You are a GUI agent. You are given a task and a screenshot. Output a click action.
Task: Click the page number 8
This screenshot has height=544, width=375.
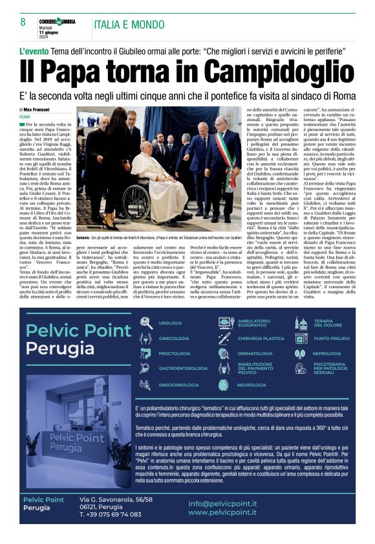pyautogui.click(x=23, y=22)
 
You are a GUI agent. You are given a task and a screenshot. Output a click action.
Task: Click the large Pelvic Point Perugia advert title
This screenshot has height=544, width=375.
pyautogui.click(x=78, y=340)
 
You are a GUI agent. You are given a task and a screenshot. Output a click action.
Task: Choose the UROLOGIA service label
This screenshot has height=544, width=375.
pyautogui.click(x=171, y=323)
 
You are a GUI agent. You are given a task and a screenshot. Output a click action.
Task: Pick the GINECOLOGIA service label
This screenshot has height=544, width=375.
pyautogui.click(x=174, y=339)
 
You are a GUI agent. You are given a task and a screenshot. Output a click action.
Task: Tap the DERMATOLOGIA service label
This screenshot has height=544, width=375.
pyautogui.click(x=255, y=354)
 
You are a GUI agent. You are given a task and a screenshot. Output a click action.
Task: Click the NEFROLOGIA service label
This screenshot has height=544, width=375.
pyautogui.click(x=327, y=354)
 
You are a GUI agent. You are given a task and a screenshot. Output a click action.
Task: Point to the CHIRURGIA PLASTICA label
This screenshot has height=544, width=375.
pyautogui.click(x=261, y=339)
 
